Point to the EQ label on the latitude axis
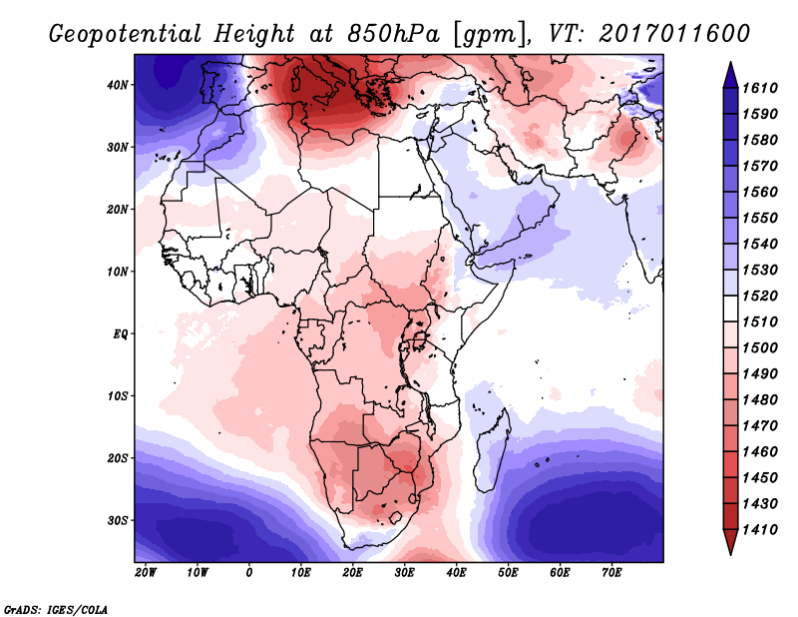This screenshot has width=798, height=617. (x=121, y=333)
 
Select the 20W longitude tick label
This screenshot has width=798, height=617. (x=145, y=572)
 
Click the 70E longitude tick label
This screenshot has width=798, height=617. (x=611, y=572)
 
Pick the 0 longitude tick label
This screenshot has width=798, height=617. (x=248, y=572)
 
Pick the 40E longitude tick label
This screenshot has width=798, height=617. (x=456, y=572)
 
